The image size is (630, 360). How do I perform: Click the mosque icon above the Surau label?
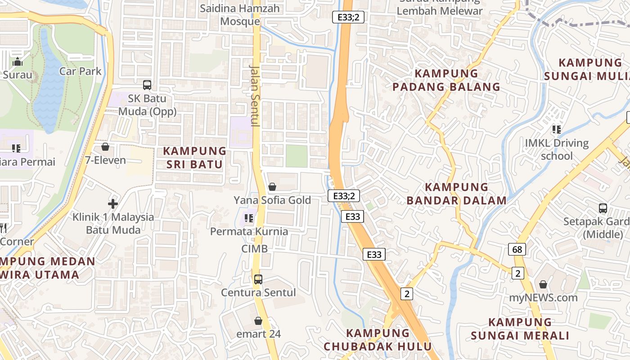click(18, 62)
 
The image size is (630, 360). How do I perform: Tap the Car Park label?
click(81, 71)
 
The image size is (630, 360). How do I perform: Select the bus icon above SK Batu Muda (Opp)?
click(147, 85)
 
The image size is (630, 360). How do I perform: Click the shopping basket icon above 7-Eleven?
click(105, 147)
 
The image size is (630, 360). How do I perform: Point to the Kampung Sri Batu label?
click(194, 157)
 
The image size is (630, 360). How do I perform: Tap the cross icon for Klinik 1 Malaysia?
click(113, 204)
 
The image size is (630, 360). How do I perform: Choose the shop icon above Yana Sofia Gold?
click(272, 186)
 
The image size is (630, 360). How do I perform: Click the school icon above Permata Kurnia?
click(249, 218)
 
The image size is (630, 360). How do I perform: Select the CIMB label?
click(254, 248)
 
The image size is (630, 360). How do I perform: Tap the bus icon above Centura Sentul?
click(258, 279)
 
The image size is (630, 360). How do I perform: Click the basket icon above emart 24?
click(258, 321)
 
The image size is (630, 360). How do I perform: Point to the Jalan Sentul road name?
click(255, 95)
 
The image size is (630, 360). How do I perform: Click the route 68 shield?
click(517, 249)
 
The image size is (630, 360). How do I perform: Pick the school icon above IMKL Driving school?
click(557, 130)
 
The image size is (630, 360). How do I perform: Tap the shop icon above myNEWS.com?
click(543, 284)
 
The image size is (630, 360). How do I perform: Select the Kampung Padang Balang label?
click(446, 80)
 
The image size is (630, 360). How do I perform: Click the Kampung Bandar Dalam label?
click(457, 193)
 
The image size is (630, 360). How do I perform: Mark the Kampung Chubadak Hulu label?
click(378, 340)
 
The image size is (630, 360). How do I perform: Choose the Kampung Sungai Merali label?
click(520, 329)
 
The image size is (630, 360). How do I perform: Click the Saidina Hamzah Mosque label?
click(240, 15)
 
